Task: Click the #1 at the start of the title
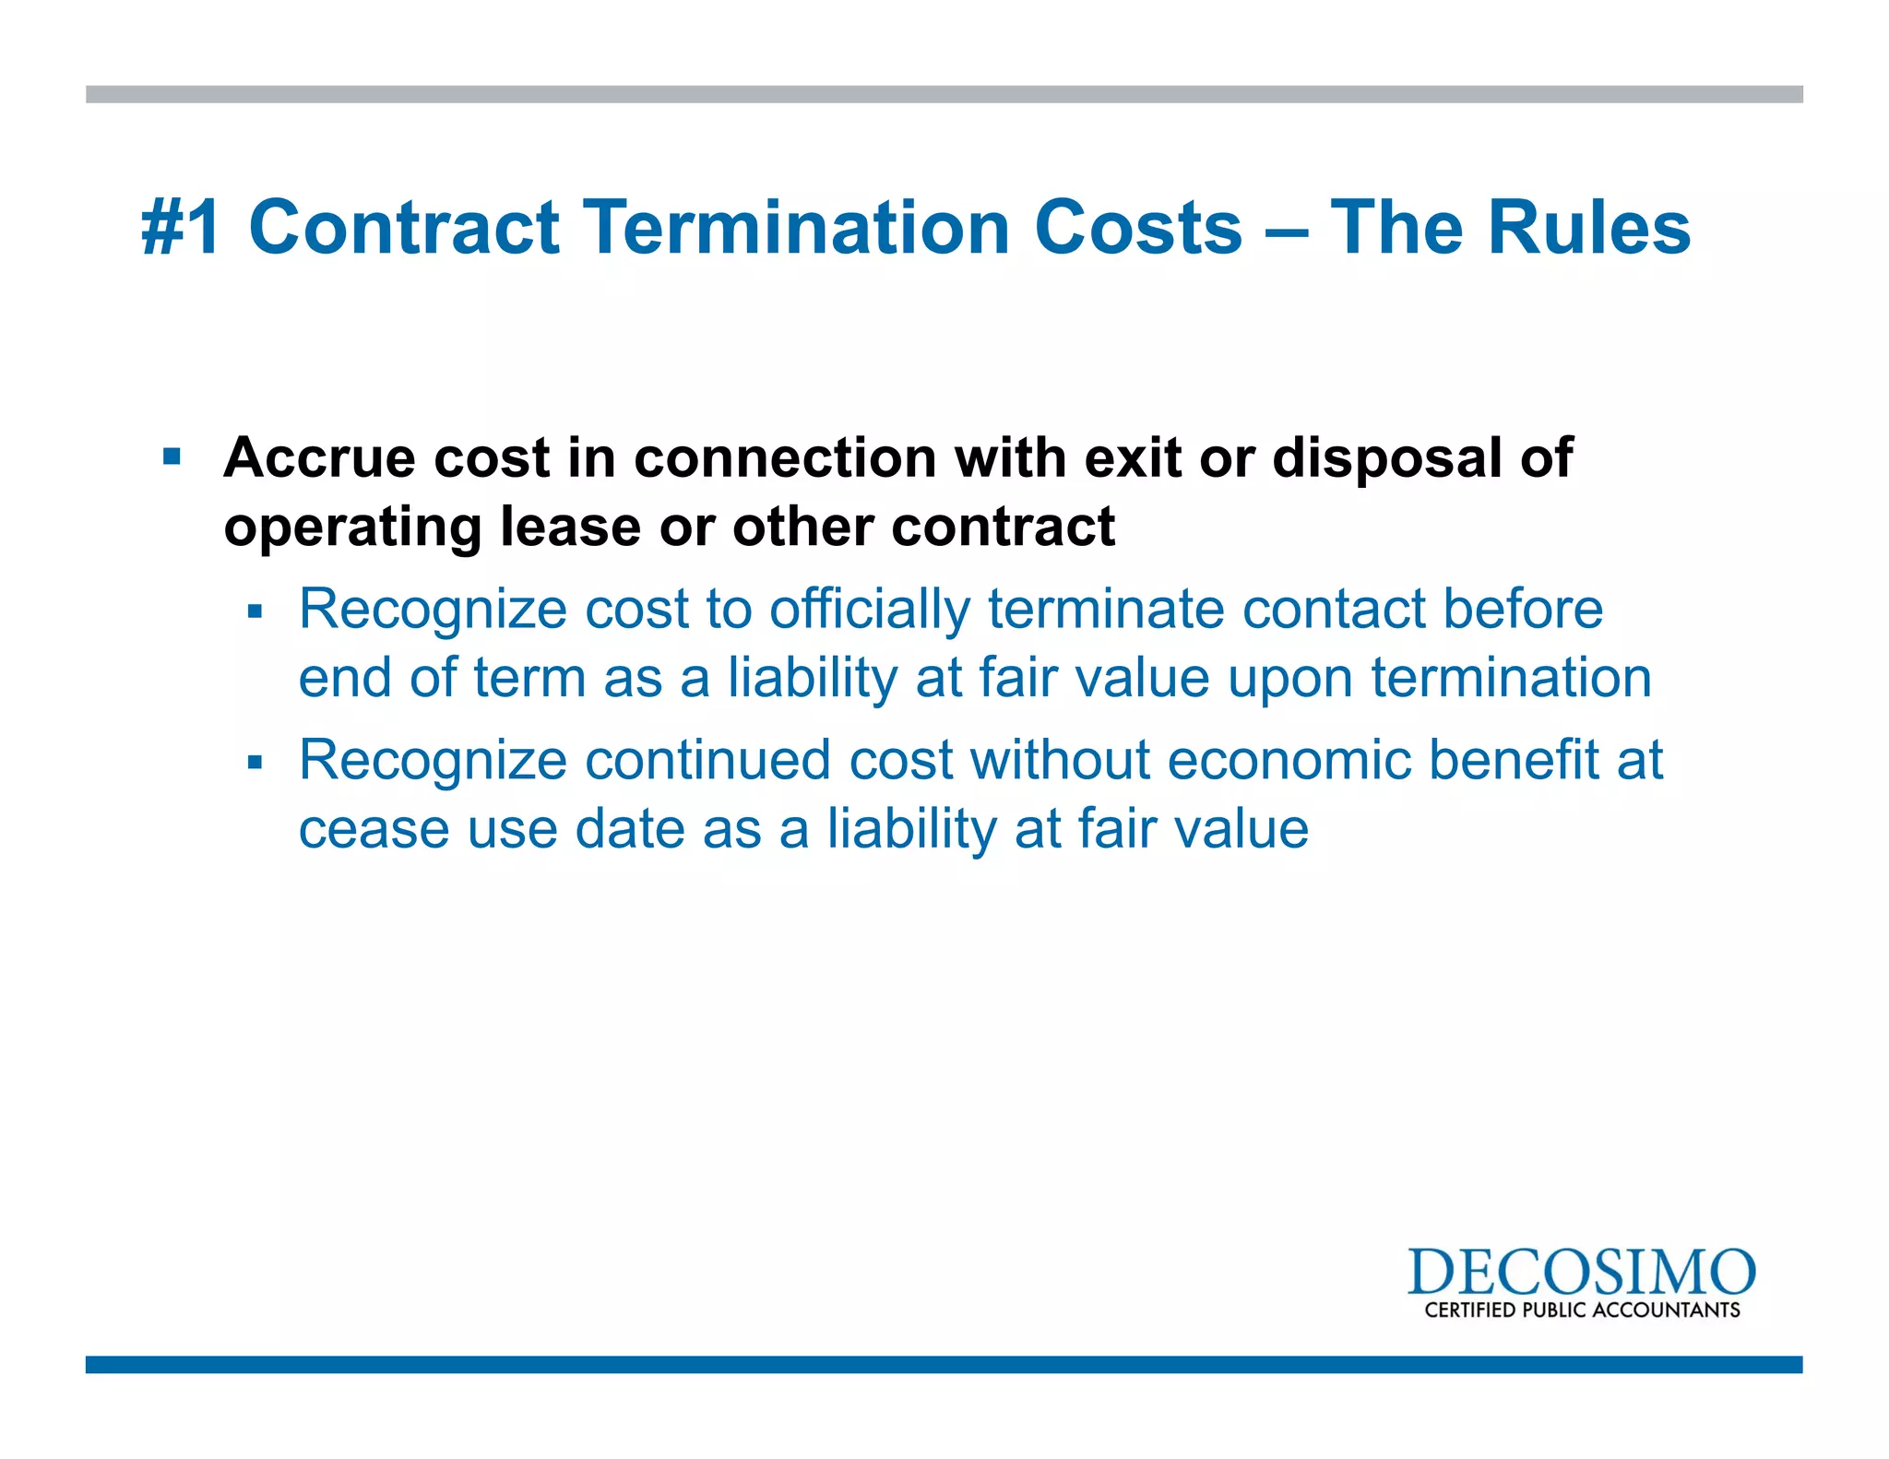coord(182,228)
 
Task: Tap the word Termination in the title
coord(798,228)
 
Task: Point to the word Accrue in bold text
coord(319,457)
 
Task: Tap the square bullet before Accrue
coord(172,457)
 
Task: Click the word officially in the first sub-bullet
coord(870,610)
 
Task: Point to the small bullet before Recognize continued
coord(255,762)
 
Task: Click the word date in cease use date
coord(630,829)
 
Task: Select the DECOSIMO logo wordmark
coord(1581,1273)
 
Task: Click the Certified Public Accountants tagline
coord(1582,1311)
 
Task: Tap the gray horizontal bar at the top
coord(944,94)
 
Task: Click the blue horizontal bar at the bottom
coord(944,1364)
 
